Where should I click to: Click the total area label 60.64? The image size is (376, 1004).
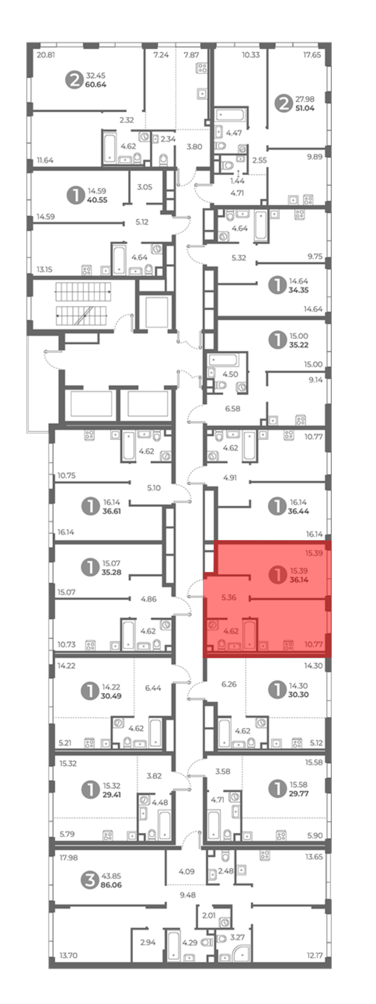tap(96, 85)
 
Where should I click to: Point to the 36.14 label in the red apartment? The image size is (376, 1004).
tap(299, 579)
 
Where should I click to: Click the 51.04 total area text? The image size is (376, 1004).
tap(305, 108)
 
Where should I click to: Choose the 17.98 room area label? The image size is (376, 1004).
tap(69, 857)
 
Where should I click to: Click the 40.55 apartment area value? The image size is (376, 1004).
tap(97, 200)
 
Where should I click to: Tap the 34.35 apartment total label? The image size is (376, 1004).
tap(299, 290)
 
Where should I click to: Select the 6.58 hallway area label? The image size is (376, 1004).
tap(233, 409)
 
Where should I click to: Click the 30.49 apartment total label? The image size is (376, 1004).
tap(111, 696)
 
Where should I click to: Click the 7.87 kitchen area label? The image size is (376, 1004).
tap(191, 55)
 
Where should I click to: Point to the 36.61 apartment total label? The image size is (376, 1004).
tap(112, 511)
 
